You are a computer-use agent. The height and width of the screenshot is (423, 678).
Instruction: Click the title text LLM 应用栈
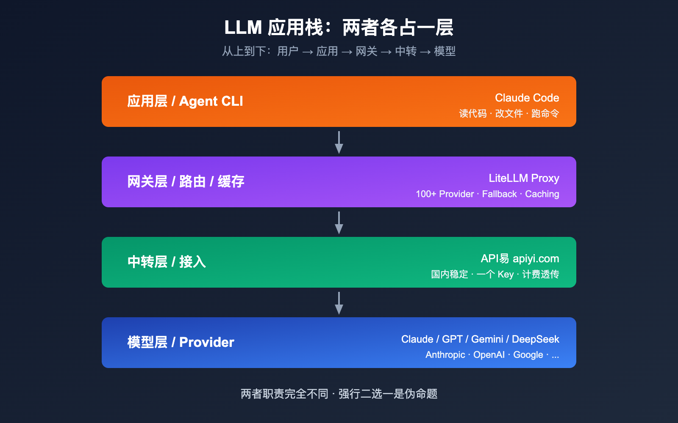(x=274, y=28)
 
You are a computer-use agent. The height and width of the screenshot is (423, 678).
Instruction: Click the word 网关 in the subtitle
(x=367, y=52)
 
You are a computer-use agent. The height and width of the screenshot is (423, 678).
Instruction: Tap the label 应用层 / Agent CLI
(x=185, y=102)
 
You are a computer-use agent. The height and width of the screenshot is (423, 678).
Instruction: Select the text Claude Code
(x=527, y=98)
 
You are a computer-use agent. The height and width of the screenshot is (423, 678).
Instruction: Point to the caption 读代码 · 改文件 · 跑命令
(x=509, y=113)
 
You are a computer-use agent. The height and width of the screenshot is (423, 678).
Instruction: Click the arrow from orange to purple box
(x=339, y=142)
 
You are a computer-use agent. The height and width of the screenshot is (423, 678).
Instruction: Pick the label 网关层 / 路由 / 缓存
(x=186, y=182)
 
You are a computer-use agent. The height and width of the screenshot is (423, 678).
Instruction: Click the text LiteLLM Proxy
(x=524, y=178)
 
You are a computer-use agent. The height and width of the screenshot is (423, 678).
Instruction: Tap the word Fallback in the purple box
(x=499, y=194)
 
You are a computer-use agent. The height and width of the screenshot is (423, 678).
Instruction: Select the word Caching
(x=542, y=194)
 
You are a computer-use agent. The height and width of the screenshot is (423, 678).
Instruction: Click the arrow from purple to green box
(x=339, y=222)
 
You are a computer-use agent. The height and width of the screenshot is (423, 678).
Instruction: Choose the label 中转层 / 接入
(x=167, y=262)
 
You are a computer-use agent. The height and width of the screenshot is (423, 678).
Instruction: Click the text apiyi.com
(x=536, y=258)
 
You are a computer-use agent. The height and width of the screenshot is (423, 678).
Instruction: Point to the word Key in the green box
(x=506, y=275)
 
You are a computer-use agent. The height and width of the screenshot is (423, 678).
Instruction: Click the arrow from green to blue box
(x=339, y=303)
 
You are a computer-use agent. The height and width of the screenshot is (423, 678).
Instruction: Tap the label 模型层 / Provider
(x=181, y=342)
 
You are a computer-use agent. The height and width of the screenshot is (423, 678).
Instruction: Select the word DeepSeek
(x=535, y=339)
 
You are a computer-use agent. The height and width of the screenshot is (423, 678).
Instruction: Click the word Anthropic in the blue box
(x=445, y=355)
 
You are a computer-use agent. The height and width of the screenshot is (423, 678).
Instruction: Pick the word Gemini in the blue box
(x=487, y=339)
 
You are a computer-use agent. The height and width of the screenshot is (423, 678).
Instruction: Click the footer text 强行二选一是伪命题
(x=388, y=394)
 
